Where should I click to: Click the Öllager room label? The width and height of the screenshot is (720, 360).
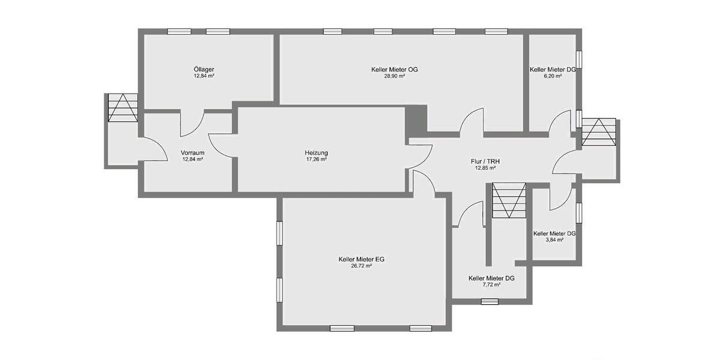coord(204,69)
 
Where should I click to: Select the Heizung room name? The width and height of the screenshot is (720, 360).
coord(316,152)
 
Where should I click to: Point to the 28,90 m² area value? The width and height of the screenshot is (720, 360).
coord(394,77)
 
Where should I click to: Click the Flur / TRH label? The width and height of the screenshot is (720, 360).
coord(485,161)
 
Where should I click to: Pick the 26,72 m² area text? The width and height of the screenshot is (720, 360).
coord(361,266)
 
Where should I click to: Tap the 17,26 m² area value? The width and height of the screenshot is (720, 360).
coord(316,160)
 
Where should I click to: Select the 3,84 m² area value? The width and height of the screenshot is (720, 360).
coord(554,240)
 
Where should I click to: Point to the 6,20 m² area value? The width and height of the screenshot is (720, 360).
coord(553,77)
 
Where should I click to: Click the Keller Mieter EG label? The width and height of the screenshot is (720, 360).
coord(361,259)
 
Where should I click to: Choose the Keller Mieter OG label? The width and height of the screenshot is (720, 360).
coord(394,70)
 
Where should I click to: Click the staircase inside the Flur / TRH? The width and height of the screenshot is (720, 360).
coord(509,200)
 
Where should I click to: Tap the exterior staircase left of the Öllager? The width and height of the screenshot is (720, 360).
coord(122,108)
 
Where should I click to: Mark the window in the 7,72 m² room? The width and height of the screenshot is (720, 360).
coord(490,301)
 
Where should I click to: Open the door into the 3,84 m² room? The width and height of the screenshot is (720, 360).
coord(560,197)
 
